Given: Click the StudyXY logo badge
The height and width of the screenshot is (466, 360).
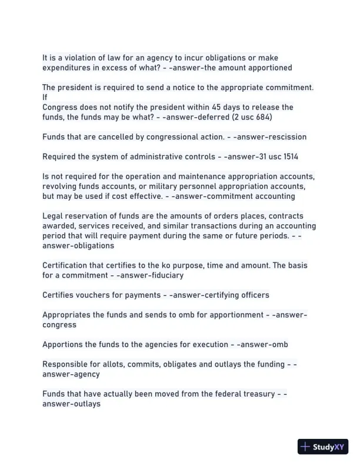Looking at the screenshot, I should [x=324, y=447].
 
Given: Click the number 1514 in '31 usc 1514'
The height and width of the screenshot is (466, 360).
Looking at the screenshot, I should [x=296, y=157].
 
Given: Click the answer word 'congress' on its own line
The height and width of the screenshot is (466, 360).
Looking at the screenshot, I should [x=59, y=325].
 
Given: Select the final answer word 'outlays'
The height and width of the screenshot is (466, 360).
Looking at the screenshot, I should [x=85, y=404].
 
